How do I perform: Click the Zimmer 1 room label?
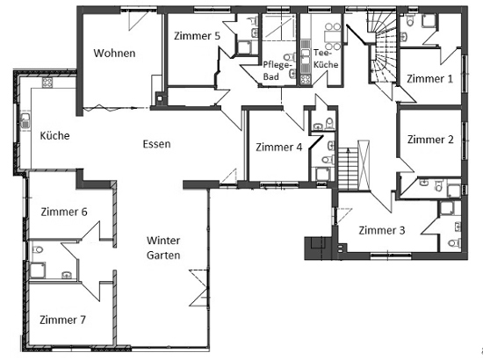pos(429,78)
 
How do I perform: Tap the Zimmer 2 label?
pos(430,140)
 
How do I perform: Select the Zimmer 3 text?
pos(382,230)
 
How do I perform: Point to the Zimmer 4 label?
pos(278,148)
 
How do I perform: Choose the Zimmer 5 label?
pos(197,36)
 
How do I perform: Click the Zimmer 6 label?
pos(64,212)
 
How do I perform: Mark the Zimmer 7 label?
pos(62,320)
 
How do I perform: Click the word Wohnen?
pos(114,53)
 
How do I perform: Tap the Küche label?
pos(54,135)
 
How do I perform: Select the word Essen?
pos(156,144)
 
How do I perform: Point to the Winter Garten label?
pos(163,248)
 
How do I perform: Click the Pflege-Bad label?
pos(277,71)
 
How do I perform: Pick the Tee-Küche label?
pos(326,59)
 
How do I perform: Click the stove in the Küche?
pos(47,83)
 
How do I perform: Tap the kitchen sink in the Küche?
pos(25,120)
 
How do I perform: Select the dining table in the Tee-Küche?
pos(332,37)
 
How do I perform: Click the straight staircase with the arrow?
pos(349,169)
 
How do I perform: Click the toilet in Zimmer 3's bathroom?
pos(455,243)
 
